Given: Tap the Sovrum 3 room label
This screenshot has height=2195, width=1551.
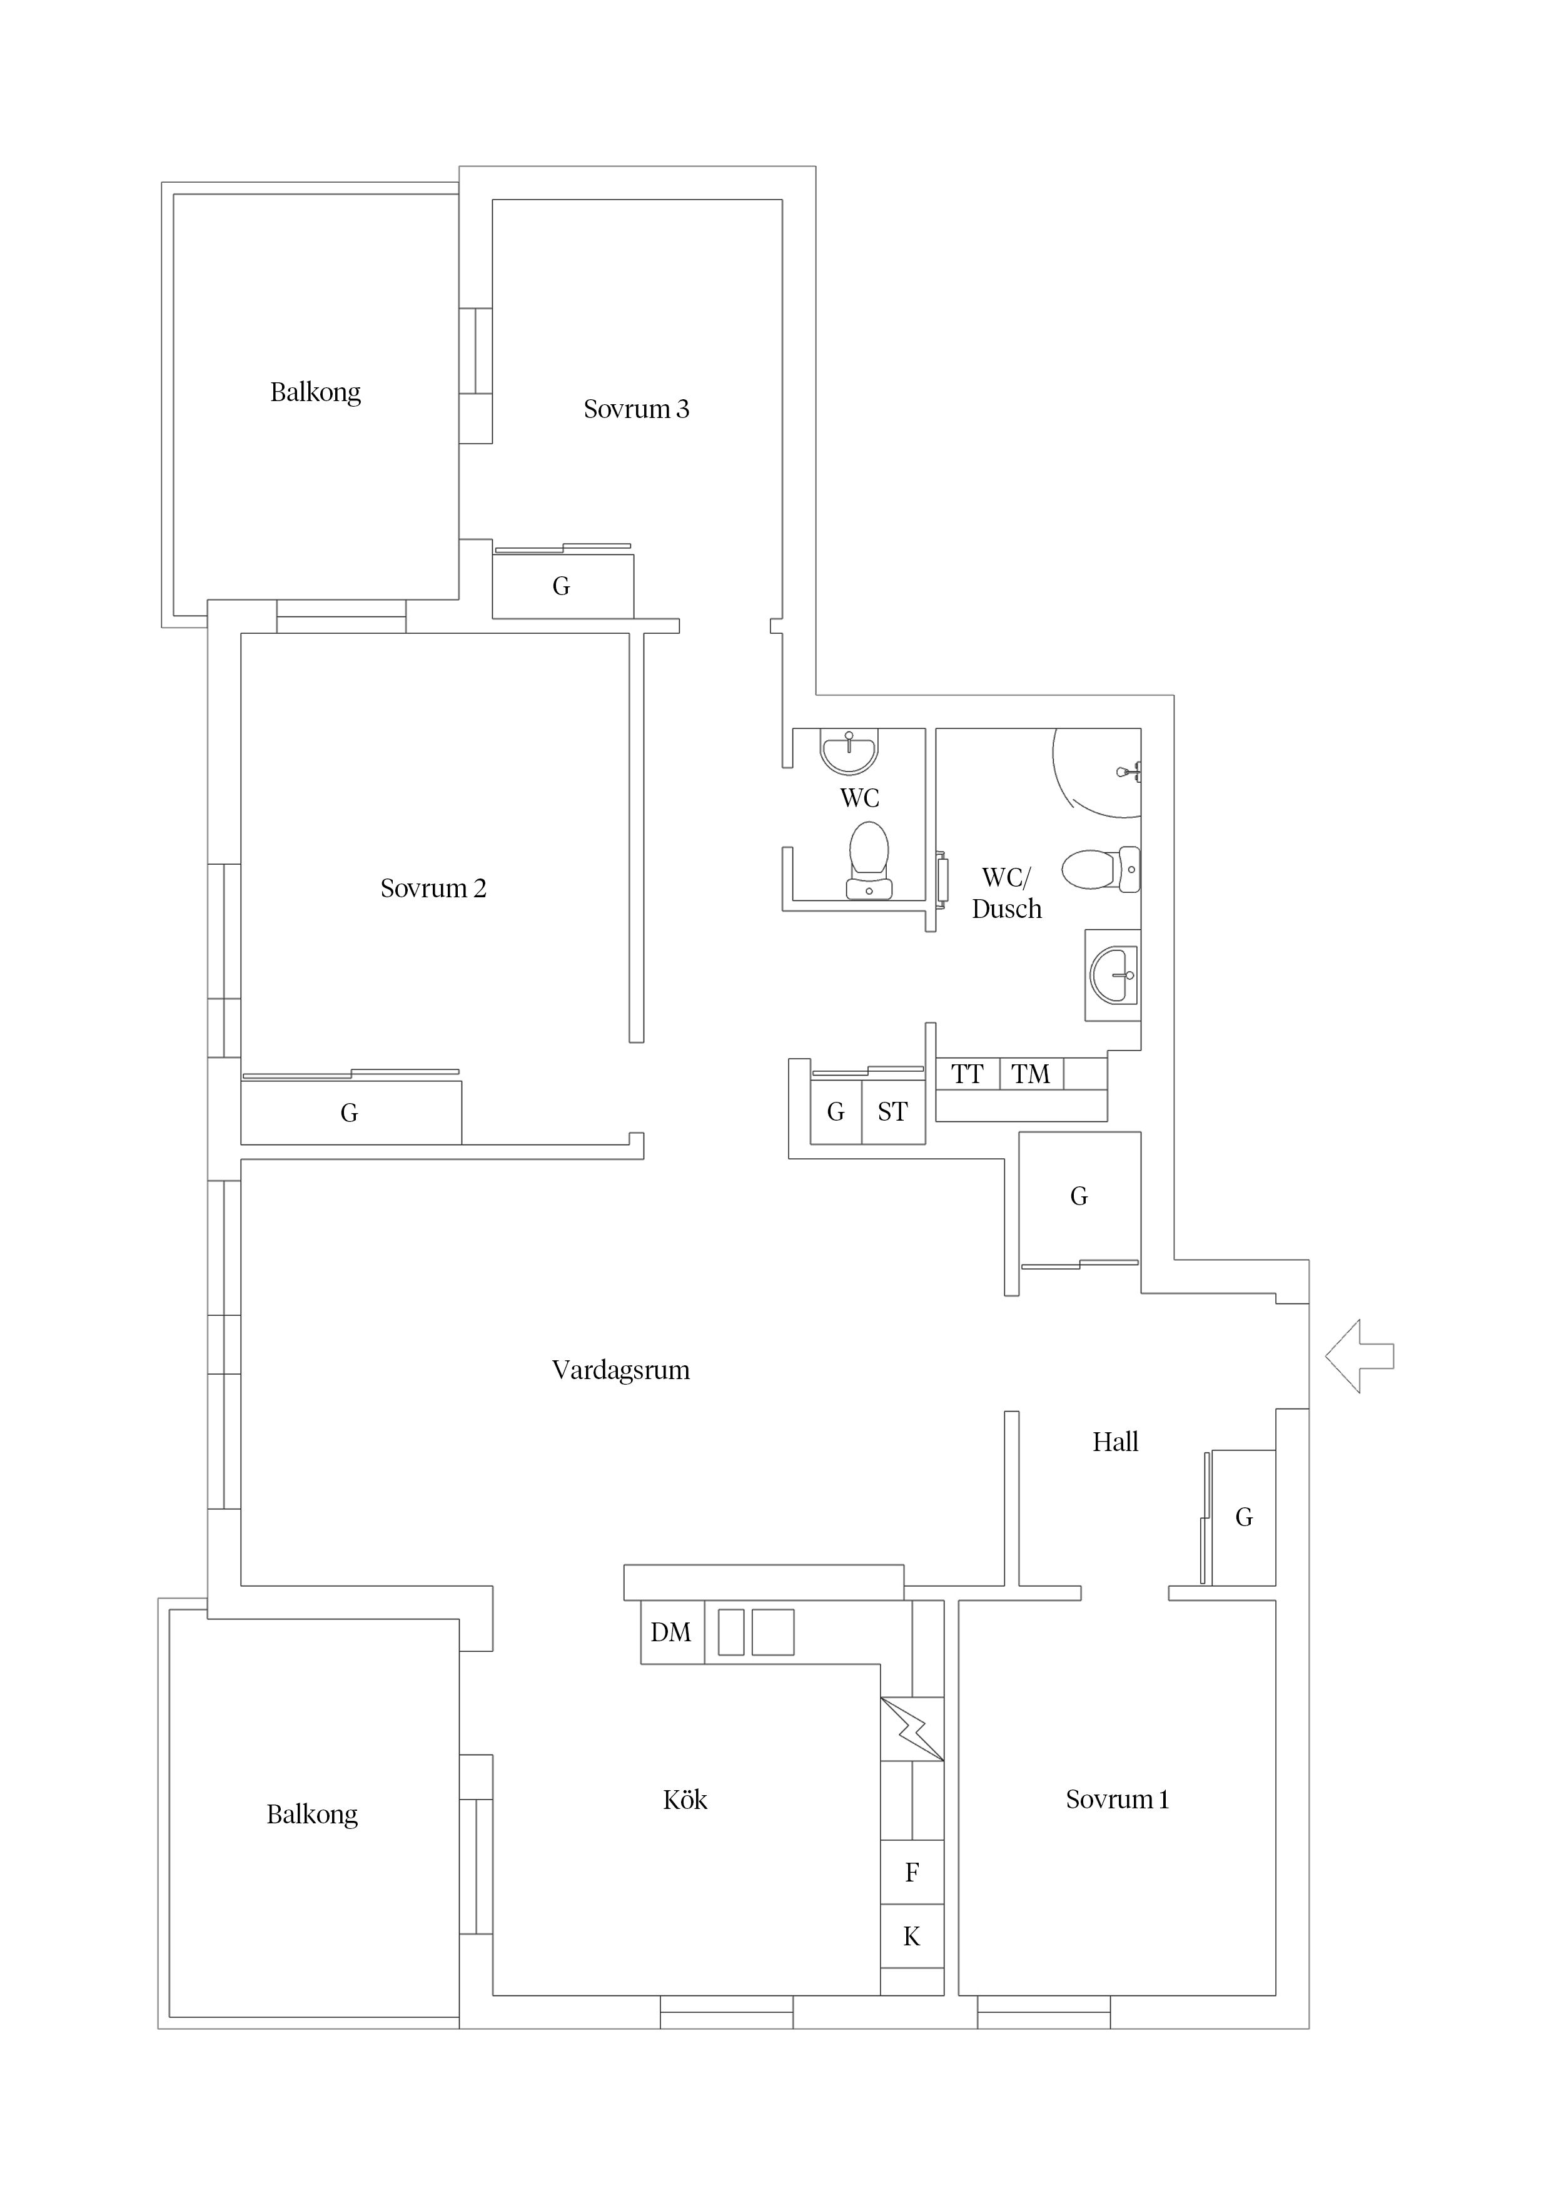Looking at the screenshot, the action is click(637, 409).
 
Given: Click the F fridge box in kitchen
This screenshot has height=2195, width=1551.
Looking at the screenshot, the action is click(912, 1872).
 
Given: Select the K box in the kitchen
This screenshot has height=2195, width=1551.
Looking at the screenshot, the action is click(912, 1936).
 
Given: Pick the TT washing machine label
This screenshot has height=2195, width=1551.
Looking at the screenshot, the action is click(967, 1074).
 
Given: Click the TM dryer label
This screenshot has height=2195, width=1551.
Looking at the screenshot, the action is click(1031, 1074).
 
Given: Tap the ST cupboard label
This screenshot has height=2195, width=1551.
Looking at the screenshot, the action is click(892, 1112).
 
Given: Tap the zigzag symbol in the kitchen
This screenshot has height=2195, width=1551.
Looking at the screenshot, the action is click(912, 1728).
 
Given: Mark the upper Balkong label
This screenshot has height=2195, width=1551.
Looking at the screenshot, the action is click(315, 393).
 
